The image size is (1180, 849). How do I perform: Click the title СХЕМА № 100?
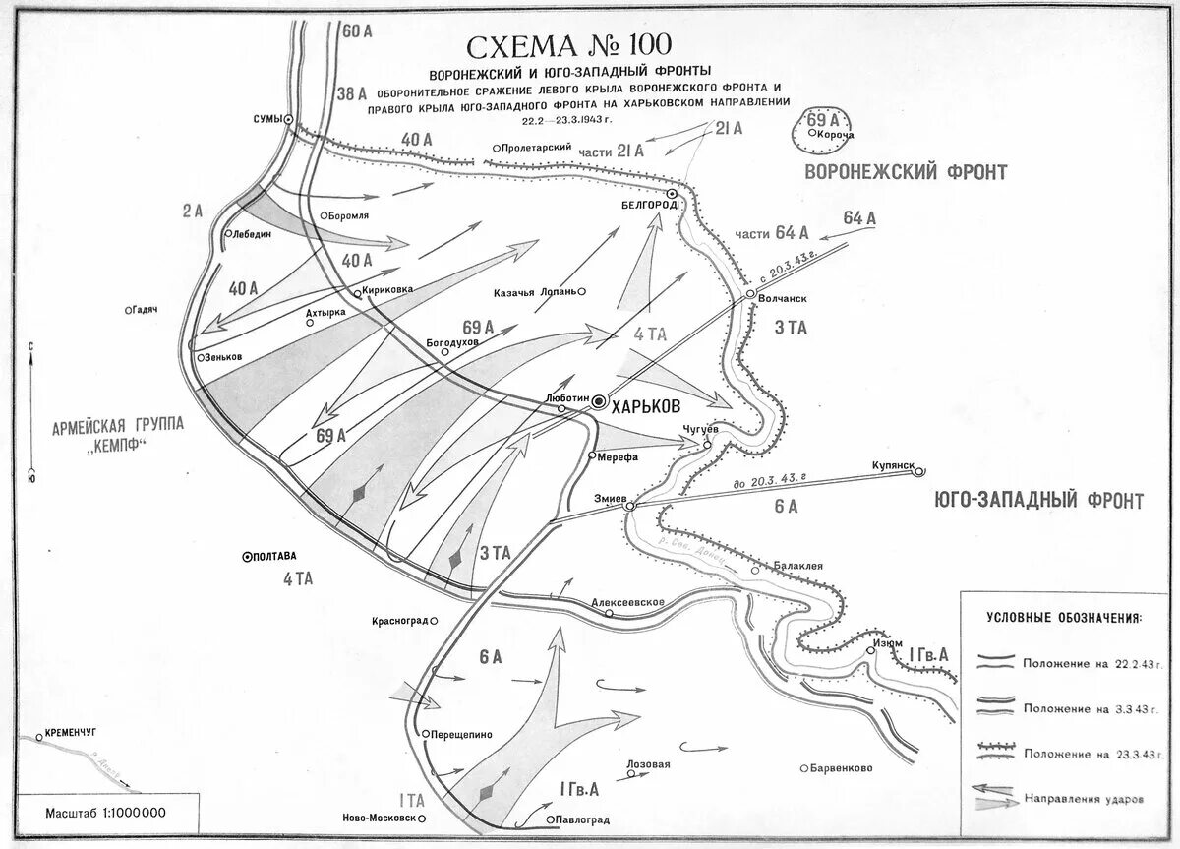(x=569, y=46)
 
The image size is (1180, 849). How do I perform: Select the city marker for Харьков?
(x=599, y=400)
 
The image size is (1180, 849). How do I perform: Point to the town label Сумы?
(x=266, y=119)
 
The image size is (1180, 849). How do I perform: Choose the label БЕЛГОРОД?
(x=650, y=205)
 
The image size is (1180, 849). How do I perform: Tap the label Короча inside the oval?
(x=835, y=134)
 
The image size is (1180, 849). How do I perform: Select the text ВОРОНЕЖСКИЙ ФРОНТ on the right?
(x=906, y=172)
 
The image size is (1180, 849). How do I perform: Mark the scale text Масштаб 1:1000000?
(x=105, y=813)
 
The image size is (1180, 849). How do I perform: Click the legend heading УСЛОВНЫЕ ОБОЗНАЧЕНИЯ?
(x=1063, y=618)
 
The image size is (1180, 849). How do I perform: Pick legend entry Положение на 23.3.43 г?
(x=1078, y=753)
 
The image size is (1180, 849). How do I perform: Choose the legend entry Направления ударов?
(x=1083, y=798)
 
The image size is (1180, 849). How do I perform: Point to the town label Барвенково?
(x=842, y=768)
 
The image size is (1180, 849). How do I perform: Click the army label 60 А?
(x=358, y=30)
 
